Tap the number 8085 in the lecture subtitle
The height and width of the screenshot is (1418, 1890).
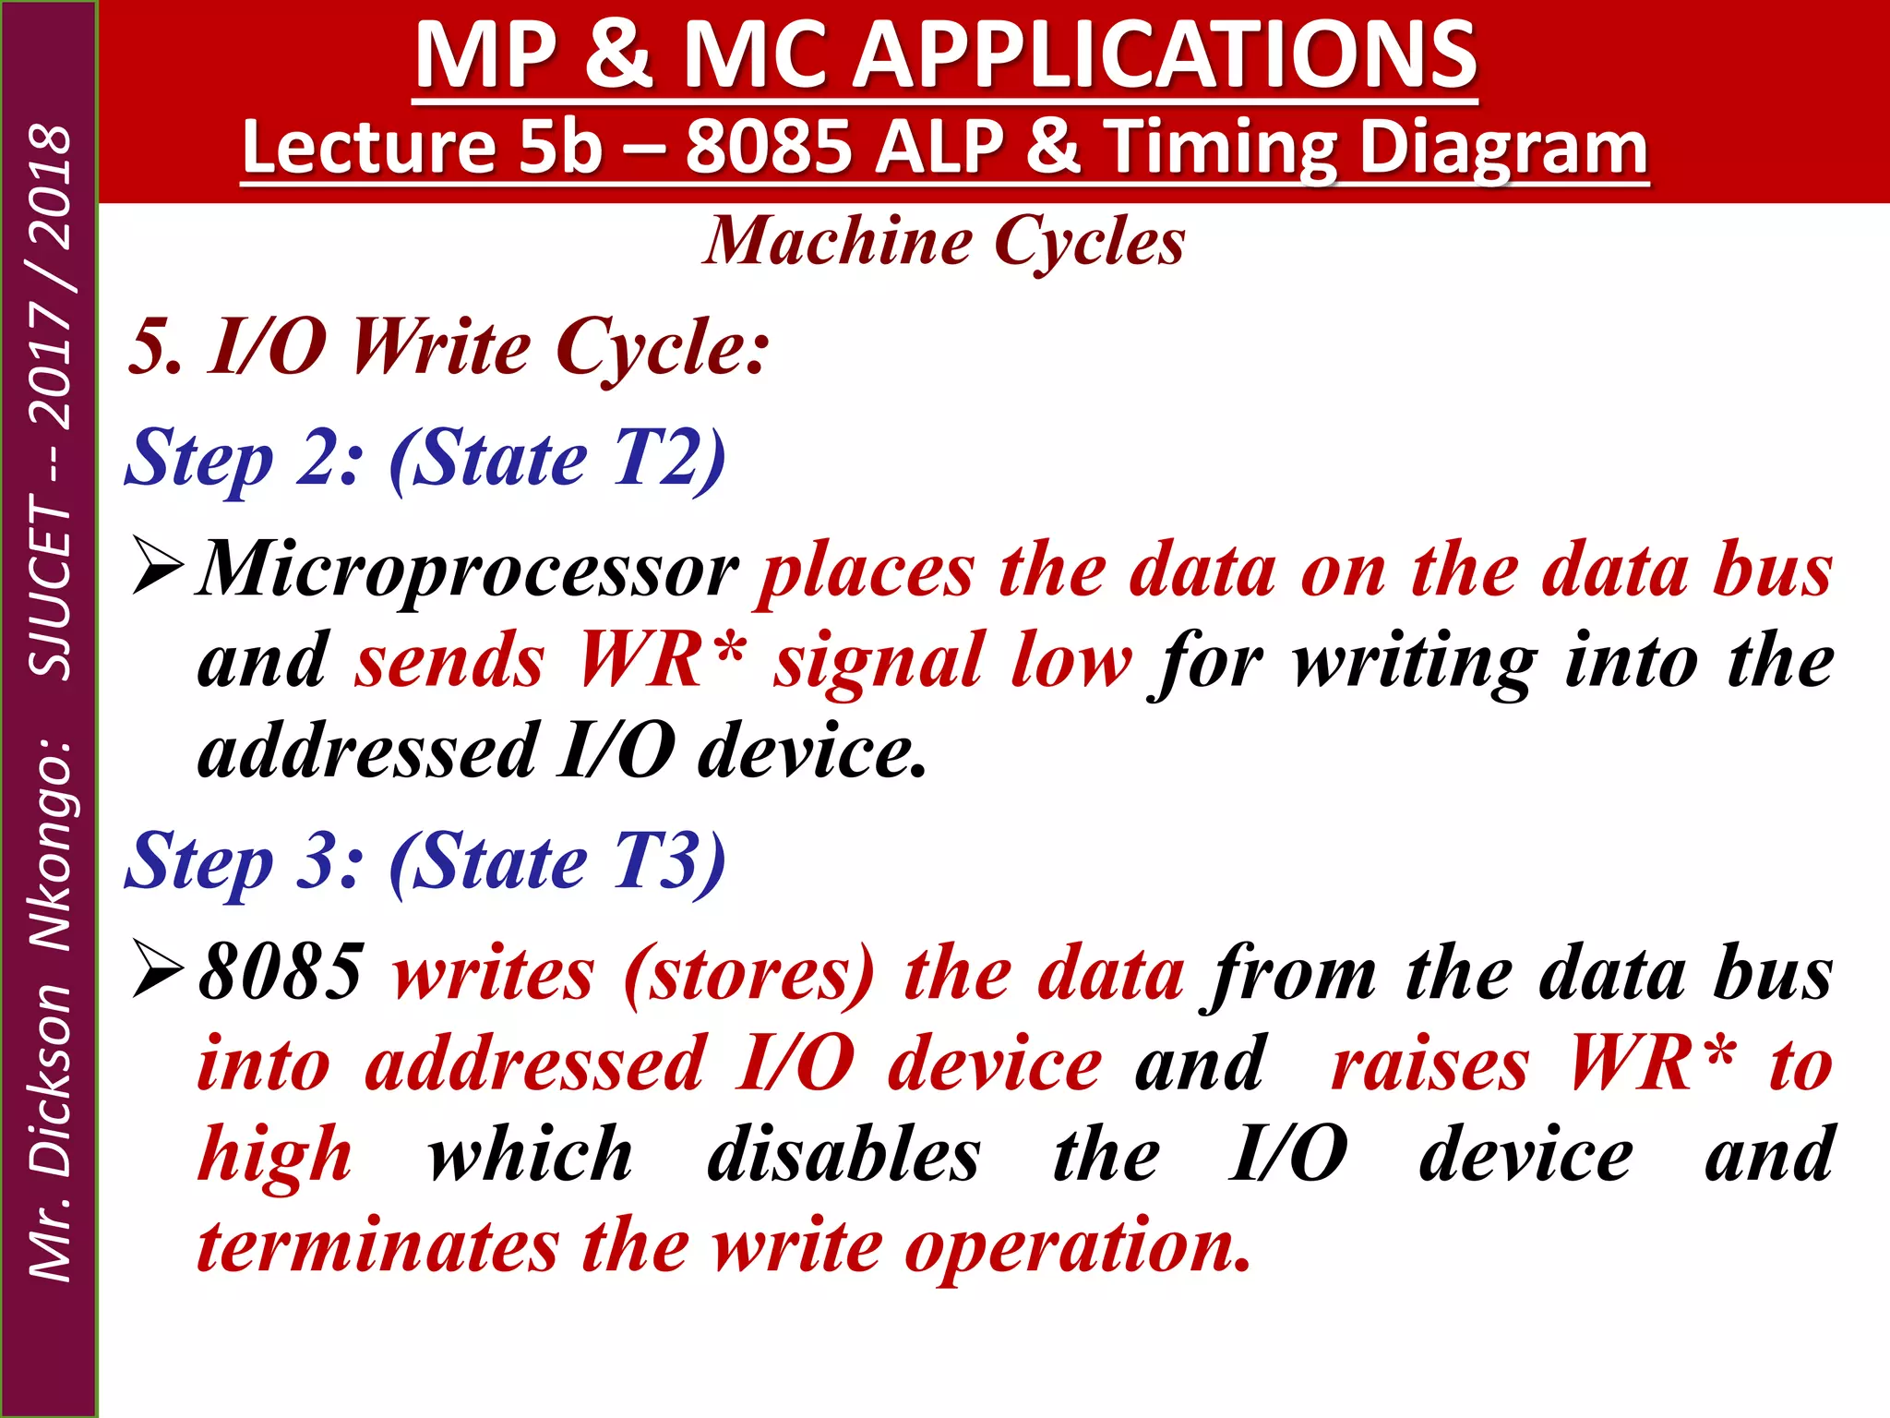(768, 148)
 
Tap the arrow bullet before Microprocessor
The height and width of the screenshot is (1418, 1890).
(158, 565)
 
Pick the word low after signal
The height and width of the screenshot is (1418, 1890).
(1071, 661)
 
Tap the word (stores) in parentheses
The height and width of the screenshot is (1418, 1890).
(748, 975)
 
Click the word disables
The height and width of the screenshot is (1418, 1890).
(843, 1155)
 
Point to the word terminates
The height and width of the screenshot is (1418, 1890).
(378, 1246)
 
